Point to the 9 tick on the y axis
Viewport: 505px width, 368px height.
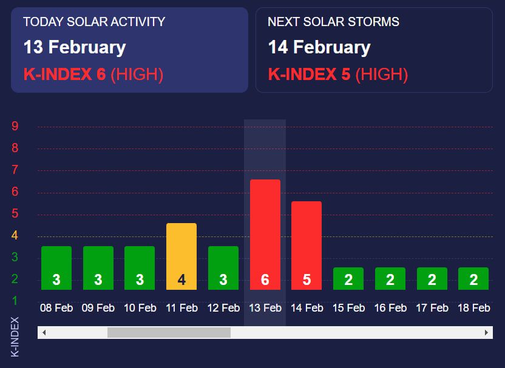click(15, 127)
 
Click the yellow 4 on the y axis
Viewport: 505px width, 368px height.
click(15, 235)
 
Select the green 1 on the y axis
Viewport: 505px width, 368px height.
click(15, 301)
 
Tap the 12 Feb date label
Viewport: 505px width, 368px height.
click(223, 308)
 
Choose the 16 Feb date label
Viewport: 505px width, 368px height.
click(390, 308)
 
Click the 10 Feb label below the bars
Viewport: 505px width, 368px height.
click(140, 308)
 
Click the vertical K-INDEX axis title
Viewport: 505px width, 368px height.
click(15, 336)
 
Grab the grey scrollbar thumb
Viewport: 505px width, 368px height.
click(169, 332)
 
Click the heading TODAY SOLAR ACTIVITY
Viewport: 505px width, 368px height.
click(94, 22)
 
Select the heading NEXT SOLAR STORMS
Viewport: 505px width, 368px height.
click(333, 22)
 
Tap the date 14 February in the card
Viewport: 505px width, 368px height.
click(319, 47)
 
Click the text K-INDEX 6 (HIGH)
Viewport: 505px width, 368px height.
click(93, 75)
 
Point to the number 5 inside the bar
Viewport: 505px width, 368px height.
click(307, 280)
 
